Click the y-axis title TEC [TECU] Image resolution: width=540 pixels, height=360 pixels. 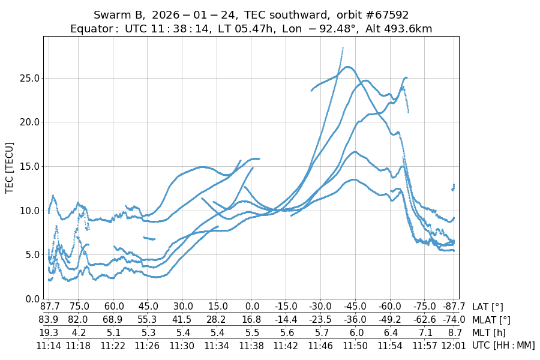coord(9,167)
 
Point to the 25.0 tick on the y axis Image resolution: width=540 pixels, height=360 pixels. coord(30,78)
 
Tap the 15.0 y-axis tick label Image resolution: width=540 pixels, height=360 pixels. coord(30,166)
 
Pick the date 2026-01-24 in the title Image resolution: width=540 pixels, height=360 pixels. coord(185,15)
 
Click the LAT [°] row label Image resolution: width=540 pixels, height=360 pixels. coord(487,307)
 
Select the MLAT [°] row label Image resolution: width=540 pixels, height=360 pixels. coord(491,320)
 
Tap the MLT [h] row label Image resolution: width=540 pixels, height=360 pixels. coord(489,332)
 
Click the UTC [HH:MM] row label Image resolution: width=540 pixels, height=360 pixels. coord(503,345)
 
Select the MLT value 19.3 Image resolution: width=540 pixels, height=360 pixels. coord(49,332)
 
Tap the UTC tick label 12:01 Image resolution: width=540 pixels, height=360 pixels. coord(454,345)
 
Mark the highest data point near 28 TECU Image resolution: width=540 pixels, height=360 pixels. coord(343,48)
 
